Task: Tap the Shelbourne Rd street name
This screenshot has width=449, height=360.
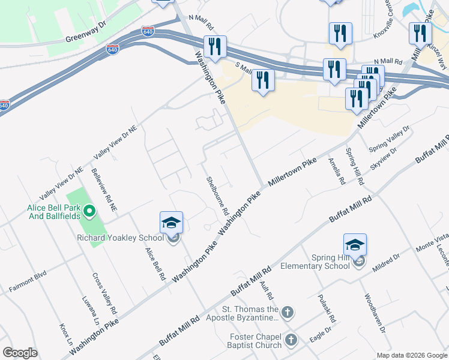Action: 217,196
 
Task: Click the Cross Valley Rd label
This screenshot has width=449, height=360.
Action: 104,294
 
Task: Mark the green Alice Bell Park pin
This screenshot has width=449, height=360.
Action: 89,211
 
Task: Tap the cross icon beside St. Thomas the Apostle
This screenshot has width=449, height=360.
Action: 288,312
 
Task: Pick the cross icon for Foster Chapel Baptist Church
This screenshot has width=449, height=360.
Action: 291,340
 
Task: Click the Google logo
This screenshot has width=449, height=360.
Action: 20,352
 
